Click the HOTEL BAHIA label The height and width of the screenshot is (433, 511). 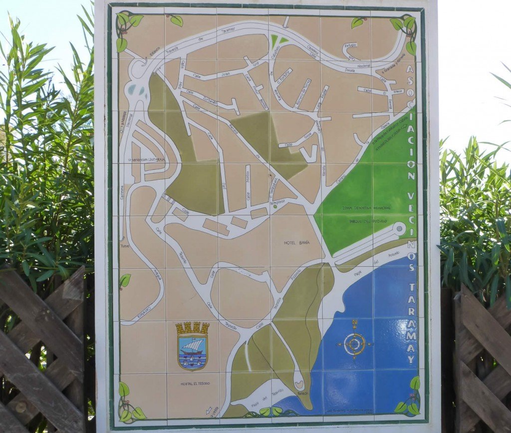point(296,242)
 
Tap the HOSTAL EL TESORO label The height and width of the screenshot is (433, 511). point(195,383)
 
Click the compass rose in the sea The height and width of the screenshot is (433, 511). point(354,344)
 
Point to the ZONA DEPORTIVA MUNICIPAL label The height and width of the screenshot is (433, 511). point(366,207)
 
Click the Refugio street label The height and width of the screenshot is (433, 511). point(351,45)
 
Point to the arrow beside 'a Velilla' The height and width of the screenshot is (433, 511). point(208,411)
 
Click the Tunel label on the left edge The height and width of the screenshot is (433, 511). point(125,246)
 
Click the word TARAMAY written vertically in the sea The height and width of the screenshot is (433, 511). point(411,322)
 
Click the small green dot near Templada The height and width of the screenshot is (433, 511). point(275,206)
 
